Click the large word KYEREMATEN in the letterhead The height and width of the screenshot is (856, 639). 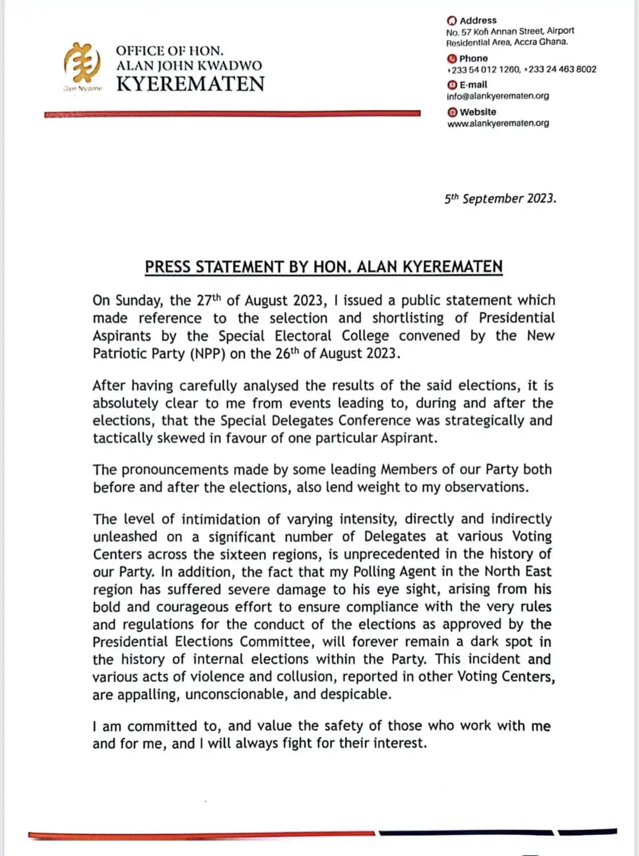(x=190, y=84)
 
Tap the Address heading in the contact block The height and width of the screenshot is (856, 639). (x=478, y=20)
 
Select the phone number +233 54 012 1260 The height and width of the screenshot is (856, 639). (x=483, y=69)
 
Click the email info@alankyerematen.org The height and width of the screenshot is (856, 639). (x=498, y=96)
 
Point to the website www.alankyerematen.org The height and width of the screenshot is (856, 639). (x=498, y=123)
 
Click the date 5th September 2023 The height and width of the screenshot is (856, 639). (x=500, y=199)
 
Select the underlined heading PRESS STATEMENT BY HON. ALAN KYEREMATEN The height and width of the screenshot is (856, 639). (x=324, y=267)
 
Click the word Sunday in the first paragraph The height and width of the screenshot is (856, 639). (x=139, y=300)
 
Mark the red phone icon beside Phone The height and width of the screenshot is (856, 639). (x=452, y=58)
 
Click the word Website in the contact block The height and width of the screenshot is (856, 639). (x=478, y=112)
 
